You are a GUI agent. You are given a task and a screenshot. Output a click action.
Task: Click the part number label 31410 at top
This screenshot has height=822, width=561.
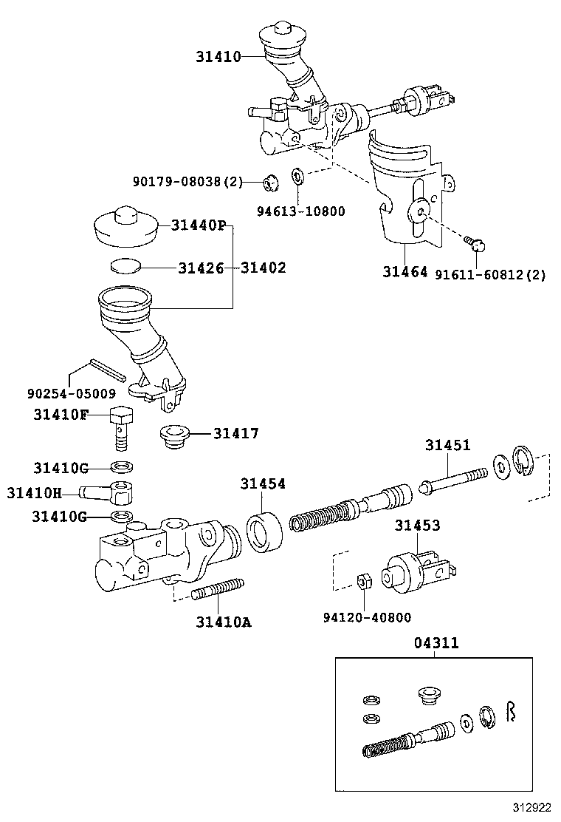[218, 56]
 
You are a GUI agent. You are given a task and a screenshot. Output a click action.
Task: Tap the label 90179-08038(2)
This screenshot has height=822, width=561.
[187, 181]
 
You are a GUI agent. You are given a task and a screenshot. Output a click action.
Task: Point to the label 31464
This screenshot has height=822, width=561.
[405, 273]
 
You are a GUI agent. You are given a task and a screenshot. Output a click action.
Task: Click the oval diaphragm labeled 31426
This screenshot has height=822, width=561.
[125, 266]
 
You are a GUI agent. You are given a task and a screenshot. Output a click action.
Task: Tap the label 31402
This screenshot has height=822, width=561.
[263, 268]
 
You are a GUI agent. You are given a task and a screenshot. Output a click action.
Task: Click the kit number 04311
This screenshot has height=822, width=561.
[436, 643]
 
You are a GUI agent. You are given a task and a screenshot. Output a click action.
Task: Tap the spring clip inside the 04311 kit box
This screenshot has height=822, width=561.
[510, 713]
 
